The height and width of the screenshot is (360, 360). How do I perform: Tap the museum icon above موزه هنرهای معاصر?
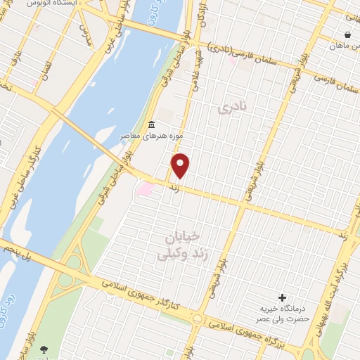151,125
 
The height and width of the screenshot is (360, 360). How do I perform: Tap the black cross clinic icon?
283,298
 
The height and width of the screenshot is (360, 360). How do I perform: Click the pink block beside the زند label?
146,188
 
